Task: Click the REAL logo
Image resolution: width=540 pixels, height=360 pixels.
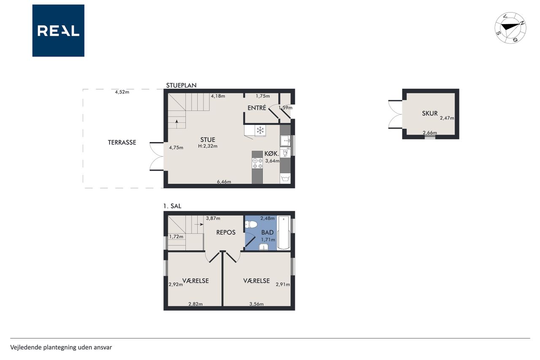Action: [58, 31]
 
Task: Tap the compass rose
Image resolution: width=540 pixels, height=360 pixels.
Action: [510, 28]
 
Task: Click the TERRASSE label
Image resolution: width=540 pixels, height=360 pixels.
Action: [122, 143]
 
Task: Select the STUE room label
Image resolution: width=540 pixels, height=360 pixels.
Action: [208, 140]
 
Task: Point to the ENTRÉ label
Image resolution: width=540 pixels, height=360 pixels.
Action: [257, 108]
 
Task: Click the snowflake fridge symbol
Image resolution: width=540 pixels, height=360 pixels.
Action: [260, 130]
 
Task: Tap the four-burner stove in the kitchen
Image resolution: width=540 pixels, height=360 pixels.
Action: [257, 163]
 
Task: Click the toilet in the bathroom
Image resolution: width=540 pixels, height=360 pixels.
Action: [251, 225]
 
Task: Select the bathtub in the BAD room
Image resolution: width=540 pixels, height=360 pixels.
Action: [283, 233]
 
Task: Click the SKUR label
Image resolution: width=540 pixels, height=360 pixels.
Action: [429, 114]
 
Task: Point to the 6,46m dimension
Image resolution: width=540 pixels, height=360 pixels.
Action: [224, 182]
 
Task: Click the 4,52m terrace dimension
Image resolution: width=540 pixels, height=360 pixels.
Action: [122, 92]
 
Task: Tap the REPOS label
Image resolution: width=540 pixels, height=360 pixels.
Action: [226, 233]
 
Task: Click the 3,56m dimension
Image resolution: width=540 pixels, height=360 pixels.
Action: [256, 304]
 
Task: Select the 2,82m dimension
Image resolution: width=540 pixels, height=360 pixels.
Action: [195, 304]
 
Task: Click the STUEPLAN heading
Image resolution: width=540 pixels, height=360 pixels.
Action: [181, 85]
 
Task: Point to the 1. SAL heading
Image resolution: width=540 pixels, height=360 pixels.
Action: [172, 206]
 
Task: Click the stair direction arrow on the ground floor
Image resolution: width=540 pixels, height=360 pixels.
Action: [177, 124]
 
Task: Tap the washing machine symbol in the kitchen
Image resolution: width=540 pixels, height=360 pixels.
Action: [285, 179]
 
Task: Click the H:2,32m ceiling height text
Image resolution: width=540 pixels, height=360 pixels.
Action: [208, 146]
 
